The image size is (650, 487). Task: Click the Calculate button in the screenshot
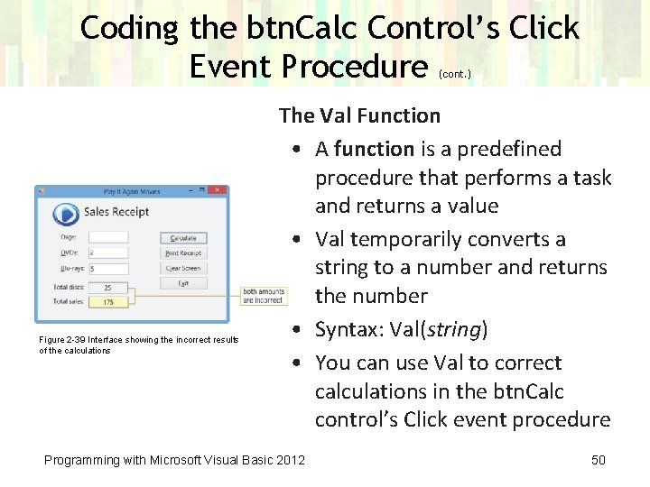pyautogui.click(x=183, y=238)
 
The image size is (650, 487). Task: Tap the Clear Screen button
pyautogui.click(x=183, y=268)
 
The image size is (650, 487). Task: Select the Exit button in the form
pyautogui.click(x=183, y=283)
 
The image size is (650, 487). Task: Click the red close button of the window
pyautogui.click(x=218, y=191)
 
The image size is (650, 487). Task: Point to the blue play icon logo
pyautogui.click(x=65, y=214)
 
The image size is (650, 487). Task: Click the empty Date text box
pyautogui.click(x=108, y=238)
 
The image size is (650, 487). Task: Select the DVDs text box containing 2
pyautogui.click(x=108, y=253)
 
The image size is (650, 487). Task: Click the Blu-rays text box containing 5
pyautogui.click(x=108, y=269)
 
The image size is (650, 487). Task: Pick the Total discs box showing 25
pyautogui.click(x=108, y=288)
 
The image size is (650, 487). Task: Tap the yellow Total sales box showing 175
pyautogui.click(x=108, y=302)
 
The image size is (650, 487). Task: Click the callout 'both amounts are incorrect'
pyautogui.click(x=264, y=295)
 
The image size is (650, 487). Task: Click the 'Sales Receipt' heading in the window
pyautogui.click(x=116, y=213)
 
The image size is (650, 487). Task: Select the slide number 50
pyautogui.click(x=598, y=460)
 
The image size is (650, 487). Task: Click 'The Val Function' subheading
pyautogui.click(x=359, y=115)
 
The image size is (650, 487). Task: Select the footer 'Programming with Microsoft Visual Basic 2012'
pyautogui.click(x=174, y=460)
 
